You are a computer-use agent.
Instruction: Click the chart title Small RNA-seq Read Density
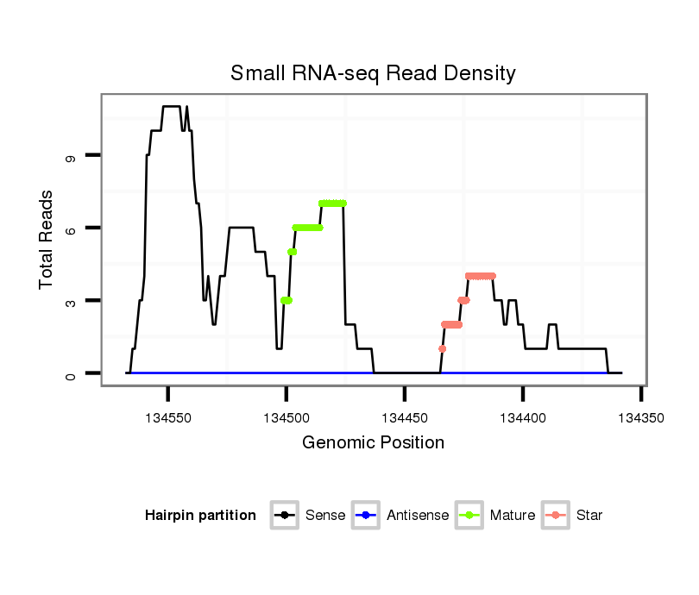[373, 73]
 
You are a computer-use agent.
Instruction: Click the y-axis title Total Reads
[48, 239]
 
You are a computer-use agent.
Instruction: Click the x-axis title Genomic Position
[373, 443]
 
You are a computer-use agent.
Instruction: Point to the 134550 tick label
[168, 417]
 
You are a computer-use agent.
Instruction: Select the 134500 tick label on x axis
[287, 417]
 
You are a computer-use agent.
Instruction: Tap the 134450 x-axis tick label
[405, 417]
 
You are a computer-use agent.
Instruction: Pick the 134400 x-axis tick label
[523, 417]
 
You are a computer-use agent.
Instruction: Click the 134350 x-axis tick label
[641, 417]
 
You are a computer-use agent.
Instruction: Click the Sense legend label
[325, 516]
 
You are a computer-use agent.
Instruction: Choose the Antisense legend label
[418, 516]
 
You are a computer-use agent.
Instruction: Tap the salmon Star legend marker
[557, 516]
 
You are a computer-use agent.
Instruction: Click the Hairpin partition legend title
[200, 516]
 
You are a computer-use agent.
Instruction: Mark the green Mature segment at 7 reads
[332, 204]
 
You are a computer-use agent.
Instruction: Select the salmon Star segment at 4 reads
[481, 276]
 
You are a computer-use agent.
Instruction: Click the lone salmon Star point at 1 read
[443, 349]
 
